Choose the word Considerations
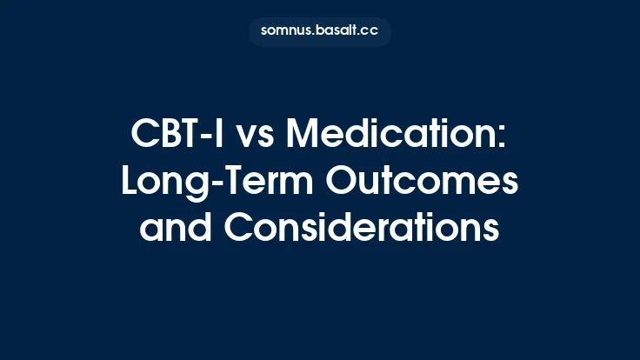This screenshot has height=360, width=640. (x=361, y=228)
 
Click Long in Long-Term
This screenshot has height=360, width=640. (x=157, y=182)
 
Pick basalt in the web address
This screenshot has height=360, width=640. (x=338, y=32)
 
